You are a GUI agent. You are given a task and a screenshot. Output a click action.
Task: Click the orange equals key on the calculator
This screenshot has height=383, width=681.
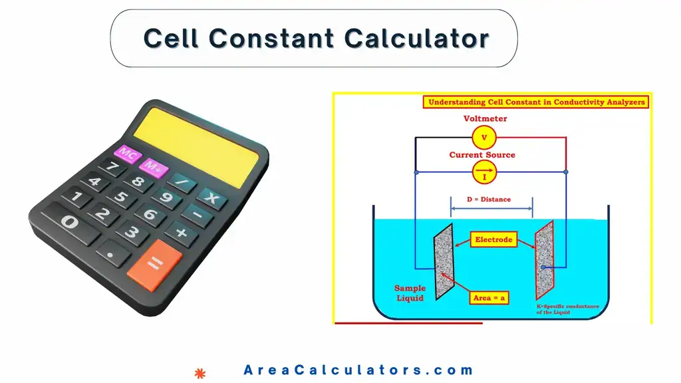(154, 264)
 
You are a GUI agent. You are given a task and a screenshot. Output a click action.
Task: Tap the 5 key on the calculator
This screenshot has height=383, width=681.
(122, 197)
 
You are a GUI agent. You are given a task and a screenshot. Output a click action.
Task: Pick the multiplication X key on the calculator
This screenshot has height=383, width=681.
(211, 197)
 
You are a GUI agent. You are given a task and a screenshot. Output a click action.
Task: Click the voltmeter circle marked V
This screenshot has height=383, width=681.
(484, 138)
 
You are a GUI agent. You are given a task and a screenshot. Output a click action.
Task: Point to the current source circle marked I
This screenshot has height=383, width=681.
(484, 174)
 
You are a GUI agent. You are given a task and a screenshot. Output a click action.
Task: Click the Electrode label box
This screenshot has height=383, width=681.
(493, 239)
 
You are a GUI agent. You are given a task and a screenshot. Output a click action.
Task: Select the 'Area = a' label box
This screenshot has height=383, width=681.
(489, 298)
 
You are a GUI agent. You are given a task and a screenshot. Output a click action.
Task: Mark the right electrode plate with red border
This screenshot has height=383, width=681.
(544, 259)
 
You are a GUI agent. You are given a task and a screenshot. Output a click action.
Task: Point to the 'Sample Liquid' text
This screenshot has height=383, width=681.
(410, 293)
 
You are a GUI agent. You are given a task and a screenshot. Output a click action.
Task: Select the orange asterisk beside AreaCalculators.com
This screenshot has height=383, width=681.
(198, 372)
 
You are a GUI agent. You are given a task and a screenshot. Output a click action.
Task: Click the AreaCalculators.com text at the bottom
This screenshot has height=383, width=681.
(358, 370)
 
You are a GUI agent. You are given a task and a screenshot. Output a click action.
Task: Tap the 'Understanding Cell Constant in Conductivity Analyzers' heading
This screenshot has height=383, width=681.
(536, 102)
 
